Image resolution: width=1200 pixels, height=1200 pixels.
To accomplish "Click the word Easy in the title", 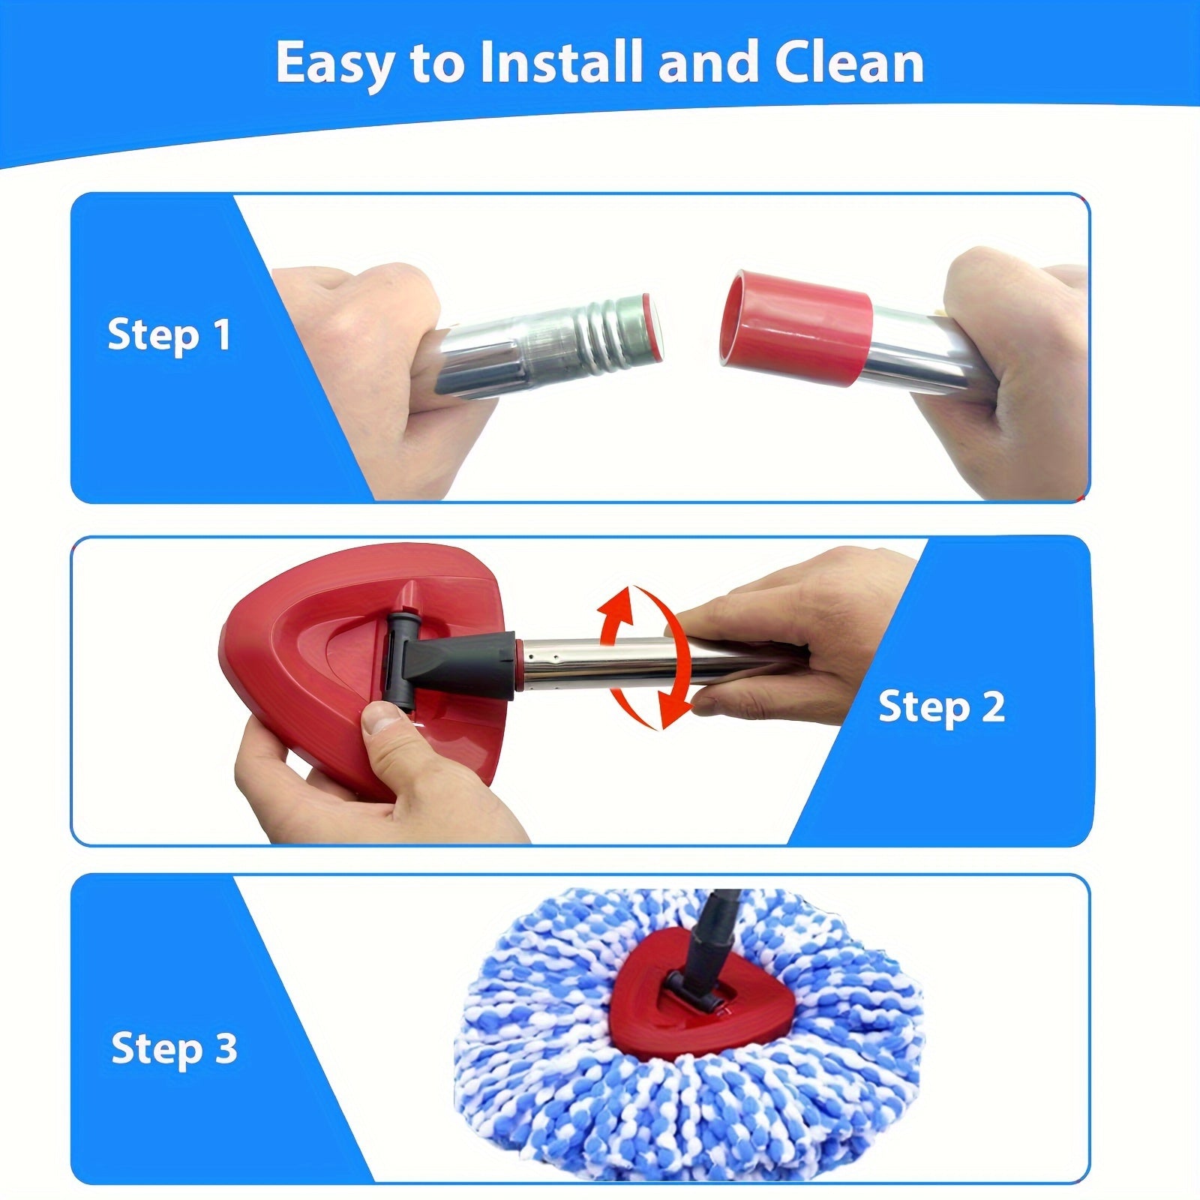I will coord(334,64).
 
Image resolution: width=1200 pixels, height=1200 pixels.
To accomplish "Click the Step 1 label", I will coord(169,334).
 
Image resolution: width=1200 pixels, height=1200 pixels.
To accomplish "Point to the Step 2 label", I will coord(941,706).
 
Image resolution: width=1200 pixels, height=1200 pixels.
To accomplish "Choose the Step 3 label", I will coord(174,1048).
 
